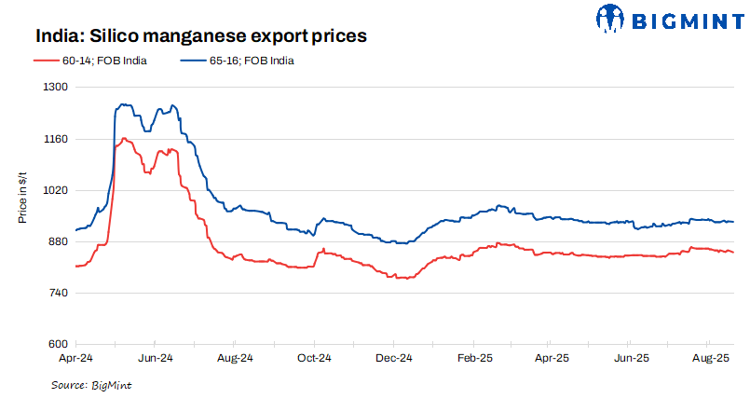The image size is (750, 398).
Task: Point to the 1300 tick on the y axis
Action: tap(58, 87)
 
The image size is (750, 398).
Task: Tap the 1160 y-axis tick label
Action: tap(58, 139)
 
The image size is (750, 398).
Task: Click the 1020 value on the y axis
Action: tap(58, 190)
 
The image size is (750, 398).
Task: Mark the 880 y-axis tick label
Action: tap(60, 242)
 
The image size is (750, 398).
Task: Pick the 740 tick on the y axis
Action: tap(60, 294)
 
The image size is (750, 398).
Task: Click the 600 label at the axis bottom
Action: tap(60, 345)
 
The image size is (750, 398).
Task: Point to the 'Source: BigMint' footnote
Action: tap(91, 384)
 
